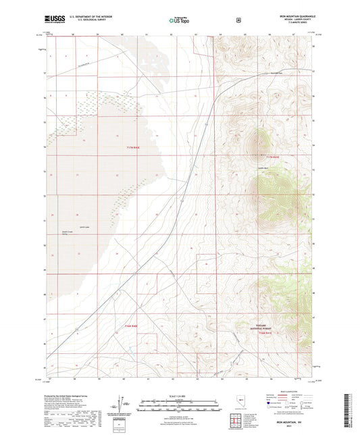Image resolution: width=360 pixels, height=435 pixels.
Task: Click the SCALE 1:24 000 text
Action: (x=179, y=395)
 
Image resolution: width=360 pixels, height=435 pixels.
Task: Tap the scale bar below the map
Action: (x=179, y=404)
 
